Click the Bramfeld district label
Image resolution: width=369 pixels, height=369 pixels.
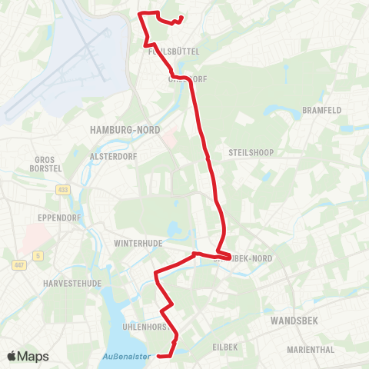[x=321, y=110]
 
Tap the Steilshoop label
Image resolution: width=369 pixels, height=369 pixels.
[x=247, y=152]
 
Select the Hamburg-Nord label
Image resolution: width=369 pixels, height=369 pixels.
[x=125, y=130]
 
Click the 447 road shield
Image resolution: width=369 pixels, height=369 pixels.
[x=20, y=265]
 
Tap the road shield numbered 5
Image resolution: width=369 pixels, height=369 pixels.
[x=37, y=255]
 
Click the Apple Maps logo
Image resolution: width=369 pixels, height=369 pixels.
[x=28, y=356]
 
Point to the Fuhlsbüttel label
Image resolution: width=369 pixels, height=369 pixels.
[x=174, y=51]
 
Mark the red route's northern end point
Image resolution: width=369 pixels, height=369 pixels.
[x=181, y=18]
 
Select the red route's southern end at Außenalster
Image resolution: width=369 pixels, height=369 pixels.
[x=157, y=356]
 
